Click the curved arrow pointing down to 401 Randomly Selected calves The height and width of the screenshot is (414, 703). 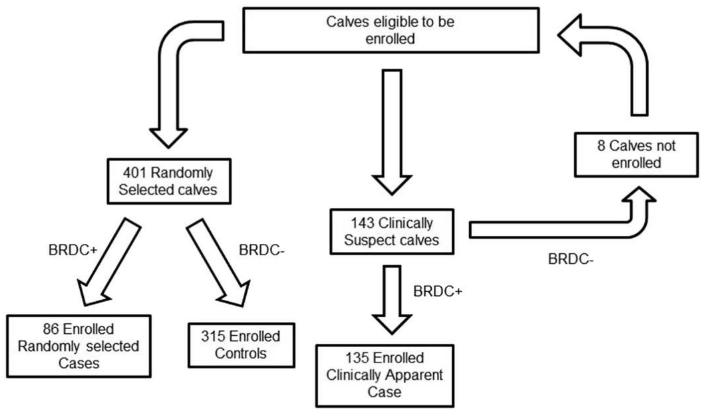click(170, 100)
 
